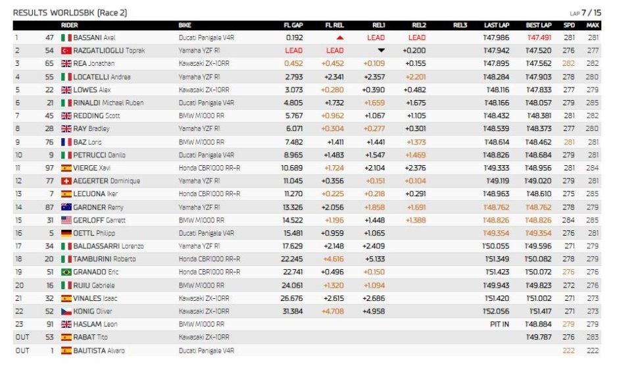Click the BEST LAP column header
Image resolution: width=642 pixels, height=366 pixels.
click(539, 26)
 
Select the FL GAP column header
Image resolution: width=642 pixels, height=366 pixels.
click(293, 26)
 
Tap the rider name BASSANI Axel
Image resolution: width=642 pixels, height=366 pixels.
click(94, 38)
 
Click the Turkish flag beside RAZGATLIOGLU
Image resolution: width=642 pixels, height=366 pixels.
click(66, 51)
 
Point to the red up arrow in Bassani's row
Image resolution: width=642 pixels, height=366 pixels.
click(340, 38)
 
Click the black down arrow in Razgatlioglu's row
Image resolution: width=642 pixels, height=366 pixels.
click(382, 51)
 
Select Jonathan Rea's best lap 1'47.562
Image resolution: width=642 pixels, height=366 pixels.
click(539, 64)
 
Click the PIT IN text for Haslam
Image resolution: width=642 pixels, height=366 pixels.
click(499, 324)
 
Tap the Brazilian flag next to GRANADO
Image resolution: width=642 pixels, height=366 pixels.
click(66, 272)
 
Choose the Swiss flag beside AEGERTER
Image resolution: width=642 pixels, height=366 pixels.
click(66, 181)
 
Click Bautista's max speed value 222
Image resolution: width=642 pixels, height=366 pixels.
click(593, 351)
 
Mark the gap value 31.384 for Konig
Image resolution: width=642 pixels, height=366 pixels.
click(293, 311)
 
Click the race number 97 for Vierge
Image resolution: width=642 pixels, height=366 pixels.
click(49, 168)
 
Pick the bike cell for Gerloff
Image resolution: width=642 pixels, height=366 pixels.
click(201, 221)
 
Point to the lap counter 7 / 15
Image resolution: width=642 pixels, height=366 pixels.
click(591, 13)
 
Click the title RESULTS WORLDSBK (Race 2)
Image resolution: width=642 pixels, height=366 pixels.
click(70, 13)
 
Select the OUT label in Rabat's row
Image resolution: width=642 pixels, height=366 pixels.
click(22, 337)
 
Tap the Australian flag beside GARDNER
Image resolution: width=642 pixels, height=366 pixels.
click(66, 207)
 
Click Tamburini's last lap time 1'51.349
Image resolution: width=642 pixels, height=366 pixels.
click(497, 259)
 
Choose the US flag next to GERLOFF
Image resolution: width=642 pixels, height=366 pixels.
click(66, 221)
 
